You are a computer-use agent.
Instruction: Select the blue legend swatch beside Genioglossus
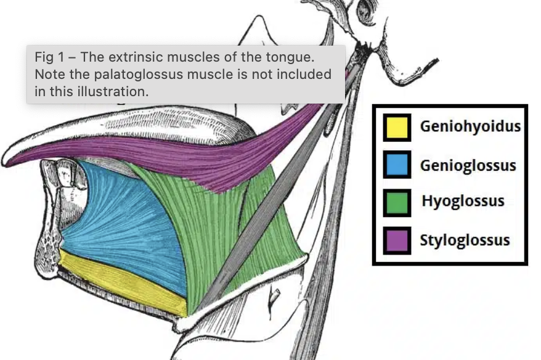(x=397, y=165)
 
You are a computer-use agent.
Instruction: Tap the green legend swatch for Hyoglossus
(x=397, y=202)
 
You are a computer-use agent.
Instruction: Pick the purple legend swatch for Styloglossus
(x=397, y=240)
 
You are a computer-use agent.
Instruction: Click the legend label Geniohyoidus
(x=470, y=127)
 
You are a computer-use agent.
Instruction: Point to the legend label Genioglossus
(x=468, y=165)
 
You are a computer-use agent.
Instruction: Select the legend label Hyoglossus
(x=463, y=202)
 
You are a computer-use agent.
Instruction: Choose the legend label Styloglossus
(x=465, y=240)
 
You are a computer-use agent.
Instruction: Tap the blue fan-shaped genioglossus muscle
(x=117, y=216)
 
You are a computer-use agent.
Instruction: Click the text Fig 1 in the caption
(x=49, y=57)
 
